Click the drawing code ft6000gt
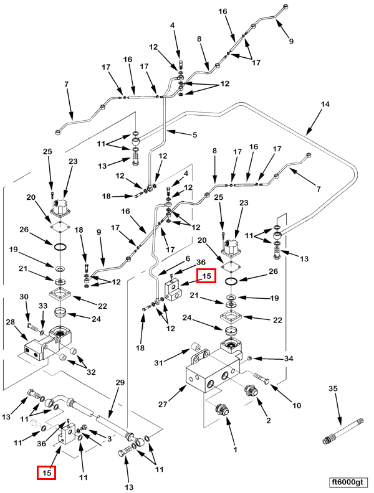pos(349,482)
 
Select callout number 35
pos(333,388)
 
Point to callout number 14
pos(325,105)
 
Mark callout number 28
pos(11,322)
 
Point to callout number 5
pos(194,135)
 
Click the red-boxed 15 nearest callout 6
pos(206,276)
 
